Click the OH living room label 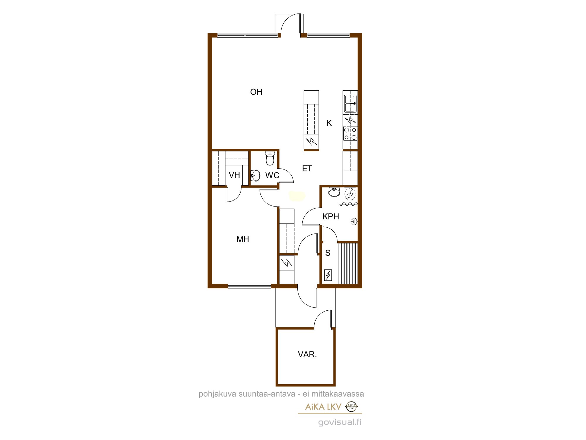[x=256, y=92]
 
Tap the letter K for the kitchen [x=329, y=123]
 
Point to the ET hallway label [x=307, y=169]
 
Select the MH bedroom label [x=243, y=239]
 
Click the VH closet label [x=234, y=175]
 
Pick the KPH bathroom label [x=331, y=216]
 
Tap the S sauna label [x=328, y=253]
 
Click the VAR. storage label [x=307, y=354]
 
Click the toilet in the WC [x=270, y=158]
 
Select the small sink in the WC [x=255, y=176]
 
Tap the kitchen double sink [x=350, y=104]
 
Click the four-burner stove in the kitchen [x=350, y=134]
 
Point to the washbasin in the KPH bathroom [x=334, y=192]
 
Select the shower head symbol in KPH [x=354, y=221]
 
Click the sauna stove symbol [x=328, y=275]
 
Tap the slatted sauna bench [x=348, y=263]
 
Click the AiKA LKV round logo [x=352, y=407]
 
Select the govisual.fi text [x=340, y=422]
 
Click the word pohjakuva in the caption [x=217, y=394]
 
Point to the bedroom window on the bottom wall [x=250, y=286]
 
